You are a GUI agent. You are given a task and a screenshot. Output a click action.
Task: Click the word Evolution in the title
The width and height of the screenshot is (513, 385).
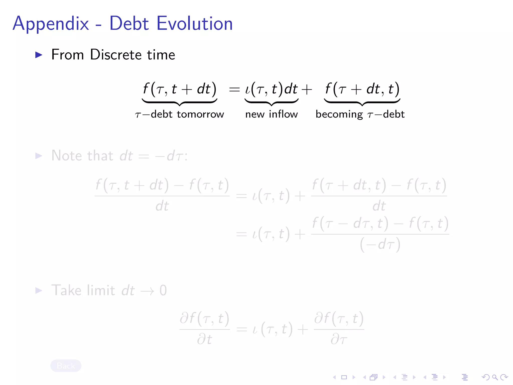pos(195,23)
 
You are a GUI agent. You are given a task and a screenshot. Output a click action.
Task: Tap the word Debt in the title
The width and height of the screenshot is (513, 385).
pos(129,23)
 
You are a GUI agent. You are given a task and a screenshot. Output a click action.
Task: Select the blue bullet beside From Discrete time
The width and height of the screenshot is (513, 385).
pos(39,55)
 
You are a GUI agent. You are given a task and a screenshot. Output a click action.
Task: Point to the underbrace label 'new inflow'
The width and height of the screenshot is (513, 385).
pos(272,114)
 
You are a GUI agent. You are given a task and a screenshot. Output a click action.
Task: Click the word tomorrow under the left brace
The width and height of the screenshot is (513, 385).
pos(200,114)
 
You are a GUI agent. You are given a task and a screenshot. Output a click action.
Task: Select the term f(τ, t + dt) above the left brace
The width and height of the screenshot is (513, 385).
pos(179,89)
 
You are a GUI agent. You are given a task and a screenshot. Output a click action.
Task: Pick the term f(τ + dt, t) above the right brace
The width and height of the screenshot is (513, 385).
pos(362,89)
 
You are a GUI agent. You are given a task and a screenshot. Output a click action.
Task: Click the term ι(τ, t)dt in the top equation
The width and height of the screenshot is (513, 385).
pos(271,89)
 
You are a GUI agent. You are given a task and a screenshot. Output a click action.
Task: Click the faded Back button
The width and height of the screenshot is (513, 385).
pos(66,366)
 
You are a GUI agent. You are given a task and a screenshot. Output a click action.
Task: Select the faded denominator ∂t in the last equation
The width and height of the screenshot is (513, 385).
pos(204,340)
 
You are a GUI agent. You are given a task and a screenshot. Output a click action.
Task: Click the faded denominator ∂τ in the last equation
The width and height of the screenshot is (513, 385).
pos(339,340)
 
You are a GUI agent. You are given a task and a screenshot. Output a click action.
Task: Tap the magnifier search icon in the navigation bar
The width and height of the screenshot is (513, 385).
pos(495,377)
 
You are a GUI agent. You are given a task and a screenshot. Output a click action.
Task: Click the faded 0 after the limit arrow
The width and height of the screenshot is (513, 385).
pos(163,291)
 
